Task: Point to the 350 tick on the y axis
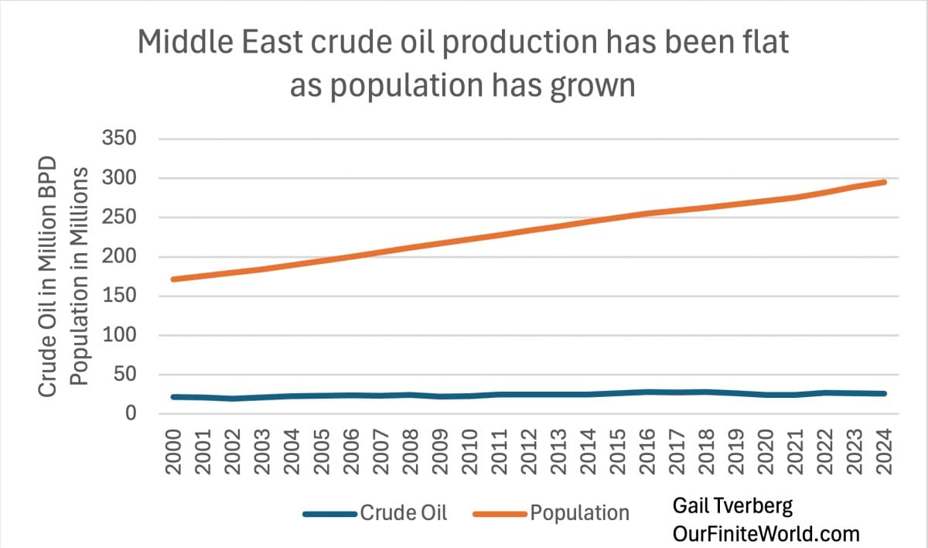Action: (x=119, y=139)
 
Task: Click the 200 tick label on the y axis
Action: (x=119, y=257)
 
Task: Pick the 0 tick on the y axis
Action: (x=131, y=414)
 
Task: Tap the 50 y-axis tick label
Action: (x=125, y=375)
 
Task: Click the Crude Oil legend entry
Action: (x=403, y=512)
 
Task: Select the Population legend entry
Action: (x=579, y=512)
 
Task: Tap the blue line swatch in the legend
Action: (x=329, y=512)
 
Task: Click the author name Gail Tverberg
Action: (x=732, y=507)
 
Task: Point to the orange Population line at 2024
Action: (x=885, y=182)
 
